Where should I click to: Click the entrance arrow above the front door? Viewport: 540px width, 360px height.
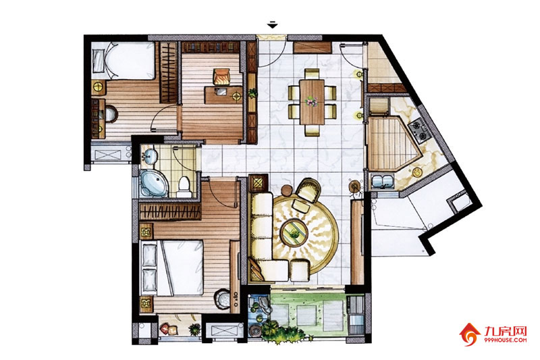tap(273, 25)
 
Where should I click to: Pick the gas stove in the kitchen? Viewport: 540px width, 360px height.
tap(418, 130)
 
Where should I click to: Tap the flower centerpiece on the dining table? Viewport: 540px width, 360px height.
tap(311, 101)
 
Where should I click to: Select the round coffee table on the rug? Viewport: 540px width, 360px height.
tap(294, 232)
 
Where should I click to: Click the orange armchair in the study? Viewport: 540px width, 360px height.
tap(222, 76)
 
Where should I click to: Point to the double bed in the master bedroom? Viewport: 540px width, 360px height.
tap(171, 267)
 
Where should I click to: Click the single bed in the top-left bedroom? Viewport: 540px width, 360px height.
tap(124, 61)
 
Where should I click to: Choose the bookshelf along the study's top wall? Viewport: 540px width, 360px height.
tap(211, 47)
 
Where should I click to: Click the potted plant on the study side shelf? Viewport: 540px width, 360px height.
tap(252, 93)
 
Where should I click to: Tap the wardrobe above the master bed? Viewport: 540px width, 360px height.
tap(170, 211)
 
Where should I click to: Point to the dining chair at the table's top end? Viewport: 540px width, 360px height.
tap(312, 74)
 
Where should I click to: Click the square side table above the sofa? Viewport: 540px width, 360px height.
tap(259, 183)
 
